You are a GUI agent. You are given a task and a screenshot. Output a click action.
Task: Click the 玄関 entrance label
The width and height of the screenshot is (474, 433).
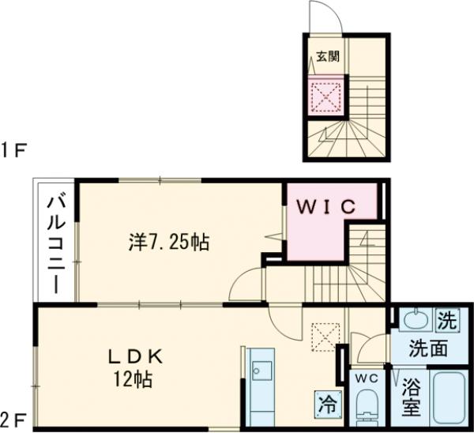pos(328,57)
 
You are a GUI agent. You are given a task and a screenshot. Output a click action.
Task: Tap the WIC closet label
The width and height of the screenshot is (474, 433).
pos(326,207)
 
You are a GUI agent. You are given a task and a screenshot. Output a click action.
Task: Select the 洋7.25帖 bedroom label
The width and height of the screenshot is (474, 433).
pos(169,243)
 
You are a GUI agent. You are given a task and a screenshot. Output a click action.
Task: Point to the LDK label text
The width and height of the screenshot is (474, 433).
pos(136,358)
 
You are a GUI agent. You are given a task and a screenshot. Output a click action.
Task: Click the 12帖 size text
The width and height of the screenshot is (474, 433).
pos(133,379)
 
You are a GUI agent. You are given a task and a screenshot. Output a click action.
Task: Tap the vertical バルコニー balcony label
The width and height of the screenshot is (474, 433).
pos(56,245)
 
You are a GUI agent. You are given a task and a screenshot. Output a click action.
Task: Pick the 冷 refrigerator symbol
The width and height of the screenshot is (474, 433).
pos(328,405)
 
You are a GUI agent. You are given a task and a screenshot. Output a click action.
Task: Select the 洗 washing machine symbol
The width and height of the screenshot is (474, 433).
pos(447,321)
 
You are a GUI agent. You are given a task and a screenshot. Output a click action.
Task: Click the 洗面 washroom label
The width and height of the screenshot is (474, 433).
pos(428,348)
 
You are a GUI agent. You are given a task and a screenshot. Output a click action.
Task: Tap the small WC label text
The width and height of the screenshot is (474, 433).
pos(367,378)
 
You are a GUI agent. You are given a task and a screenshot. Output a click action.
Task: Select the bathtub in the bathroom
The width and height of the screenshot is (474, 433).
pos(448,398)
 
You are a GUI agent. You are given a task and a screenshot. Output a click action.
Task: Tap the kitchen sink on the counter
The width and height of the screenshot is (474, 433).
pos(261,371)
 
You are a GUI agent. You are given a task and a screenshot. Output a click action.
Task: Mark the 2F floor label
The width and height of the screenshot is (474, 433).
pos(13,420)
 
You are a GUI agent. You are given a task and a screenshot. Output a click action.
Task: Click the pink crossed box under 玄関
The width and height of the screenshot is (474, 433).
pos(325,96)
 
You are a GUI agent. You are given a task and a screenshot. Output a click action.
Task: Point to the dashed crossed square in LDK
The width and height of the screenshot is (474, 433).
pos(325,337)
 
